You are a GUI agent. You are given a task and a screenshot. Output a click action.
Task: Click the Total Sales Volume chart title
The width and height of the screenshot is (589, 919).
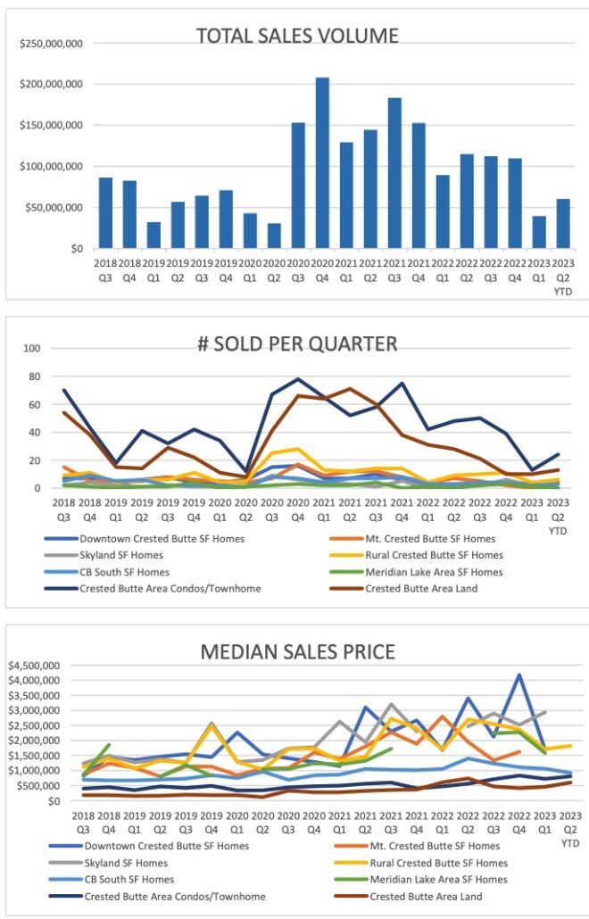point(297,36)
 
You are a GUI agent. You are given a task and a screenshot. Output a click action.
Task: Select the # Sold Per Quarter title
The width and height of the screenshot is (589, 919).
point(297,344)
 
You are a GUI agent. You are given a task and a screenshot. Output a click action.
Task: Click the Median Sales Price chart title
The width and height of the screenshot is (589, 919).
point(297,652)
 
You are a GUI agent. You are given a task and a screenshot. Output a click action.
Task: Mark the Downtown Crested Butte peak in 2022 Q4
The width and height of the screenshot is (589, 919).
point(518,675)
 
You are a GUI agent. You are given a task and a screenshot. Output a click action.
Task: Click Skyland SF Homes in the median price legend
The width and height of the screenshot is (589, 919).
point(126,863)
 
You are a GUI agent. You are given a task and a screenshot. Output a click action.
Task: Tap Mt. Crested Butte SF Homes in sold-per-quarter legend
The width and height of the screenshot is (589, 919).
point(432,538)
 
